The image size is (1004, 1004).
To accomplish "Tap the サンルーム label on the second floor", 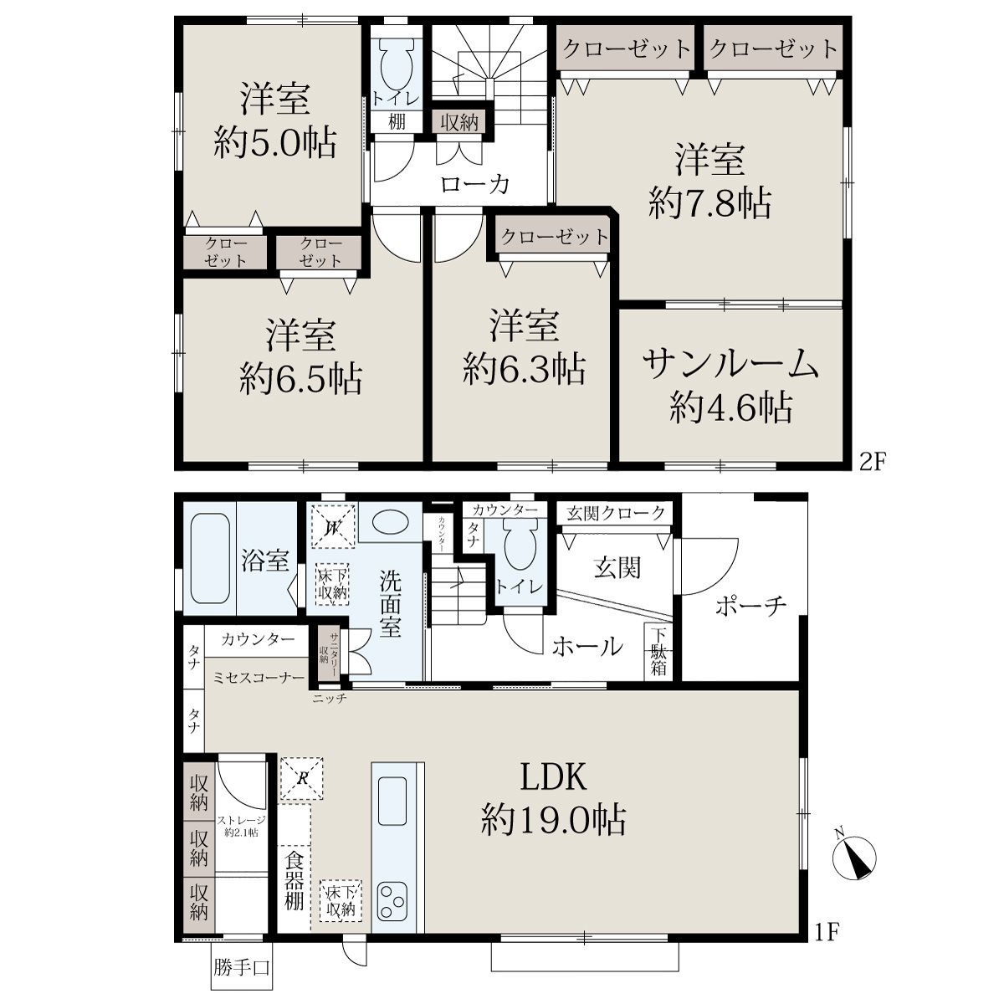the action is click(x=730, y=364).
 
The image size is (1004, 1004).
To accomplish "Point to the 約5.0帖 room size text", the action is click(x=275, y=141).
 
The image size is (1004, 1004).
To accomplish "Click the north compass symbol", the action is click(x=855, y=859).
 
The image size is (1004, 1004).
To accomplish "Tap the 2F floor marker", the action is click(x=873, y=462).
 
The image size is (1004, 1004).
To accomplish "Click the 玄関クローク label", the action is click(x=615, y=513).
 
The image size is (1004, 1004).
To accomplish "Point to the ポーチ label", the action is click(x=750, y=606).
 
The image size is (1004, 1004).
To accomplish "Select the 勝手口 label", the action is click(x=241, y=967).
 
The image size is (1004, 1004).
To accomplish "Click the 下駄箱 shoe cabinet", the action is click(x=658, y=653).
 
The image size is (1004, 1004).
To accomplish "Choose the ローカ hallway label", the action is click(x=474, y=184).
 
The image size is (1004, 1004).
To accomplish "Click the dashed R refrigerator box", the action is click(x=302, y=778).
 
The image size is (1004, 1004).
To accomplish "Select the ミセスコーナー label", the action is click(x=259, y=678).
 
